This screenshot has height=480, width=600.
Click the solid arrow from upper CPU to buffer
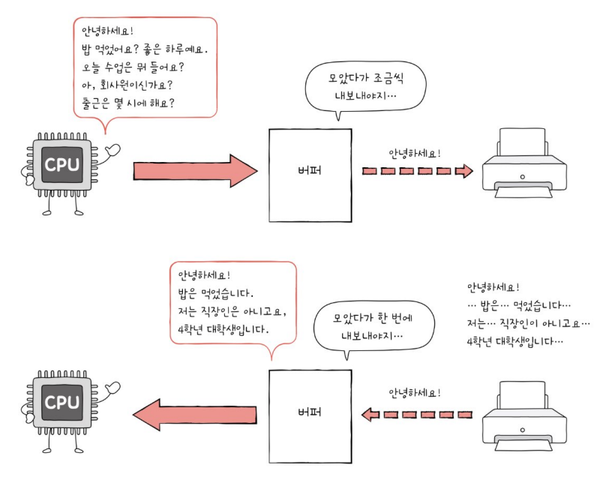tap(195, 171)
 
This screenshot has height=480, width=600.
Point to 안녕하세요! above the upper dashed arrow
tap(415, 154)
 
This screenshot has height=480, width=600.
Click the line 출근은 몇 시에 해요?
tap(127, 102)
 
